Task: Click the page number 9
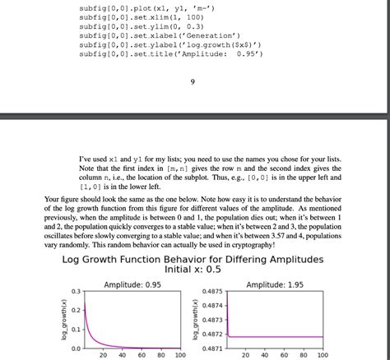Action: (x=192, y=81)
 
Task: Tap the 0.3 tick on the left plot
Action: (x=75, y=292)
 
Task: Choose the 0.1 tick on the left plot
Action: (x=75, y=330)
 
